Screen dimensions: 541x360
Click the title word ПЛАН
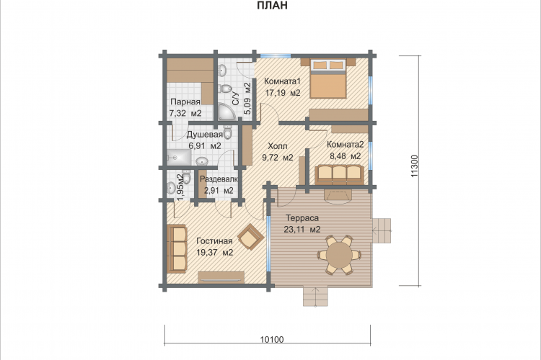pyautogui.click(x=272, y=5)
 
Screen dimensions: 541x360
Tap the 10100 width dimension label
pyautogui.click(x=272, y=340)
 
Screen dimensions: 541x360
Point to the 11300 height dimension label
pyautogui.click(x=414, y=166)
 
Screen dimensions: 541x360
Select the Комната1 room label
pyautogui.click(x=283, y=81)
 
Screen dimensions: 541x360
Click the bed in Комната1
pyautogui.click(x=327, y=78)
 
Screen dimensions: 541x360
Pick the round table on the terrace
pyautogui.click(x=340, y=255)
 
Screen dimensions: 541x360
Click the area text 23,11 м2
pyautogui.click(x=302, y=230)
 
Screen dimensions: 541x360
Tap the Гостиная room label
pyautogui.click(x=214, y=241)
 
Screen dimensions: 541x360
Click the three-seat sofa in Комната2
pyautogui.click(x=339, y=174)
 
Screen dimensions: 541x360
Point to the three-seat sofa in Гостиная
pyautogui.click(x=177, y=248)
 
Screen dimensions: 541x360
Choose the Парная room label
pyautogui.click(x=185, y=102)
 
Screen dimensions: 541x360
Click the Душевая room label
pyautogui.click(x=205, y=135)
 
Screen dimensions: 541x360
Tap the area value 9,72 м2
pyautogui.click(x=278, y=158)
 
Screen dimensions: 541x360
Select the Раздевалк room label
pyautogui.click(x=219, y=179)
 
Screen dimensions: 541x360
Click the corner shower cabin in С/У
pyautogui.click(x=226, y=112)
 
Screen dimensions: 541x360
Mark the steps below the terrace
pyautogui.click(x=316, y=296)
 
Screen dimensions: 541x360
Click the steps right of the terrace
pyautogui.click(x=382, y=230)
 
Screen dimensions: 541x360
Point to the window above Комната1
pyautogui.click(x=276, y=55)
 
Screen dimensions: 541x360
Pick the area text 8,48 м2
pyautogui.click(x=346, y=156)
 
